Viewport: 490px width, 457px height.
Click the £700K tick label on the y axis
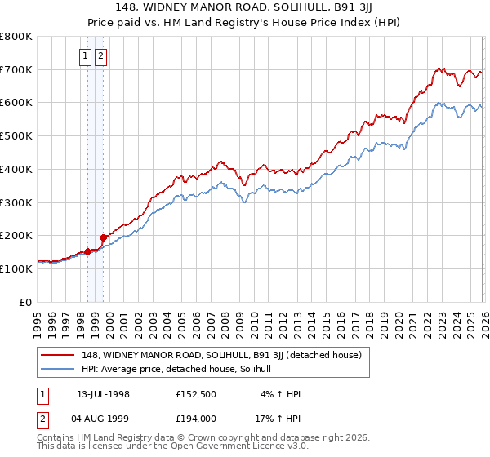(x=16, y=69)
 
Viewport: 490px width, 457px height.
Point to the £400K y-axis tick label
(x=16, y=169)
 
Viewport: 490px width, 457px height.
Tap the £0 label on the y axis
(x=25, y=302)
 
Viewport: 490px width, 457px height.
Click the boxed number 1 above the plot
(x=86, y=56)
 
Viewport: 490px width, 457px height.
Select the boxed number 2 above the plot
(x=100, y=56)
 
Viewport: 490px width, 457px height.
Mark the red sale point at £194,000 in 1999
(x=103, y=237)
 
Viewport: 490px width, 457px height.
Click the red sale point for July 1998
(x=87, y=251)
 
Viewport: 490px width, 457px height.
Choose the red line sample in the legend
(x=59, y=355)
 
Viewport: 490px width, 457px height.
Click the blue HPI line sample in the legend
(x=59, y=369)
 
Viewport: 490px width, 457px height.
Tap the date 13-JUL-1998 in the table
(x=103, y=394)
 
